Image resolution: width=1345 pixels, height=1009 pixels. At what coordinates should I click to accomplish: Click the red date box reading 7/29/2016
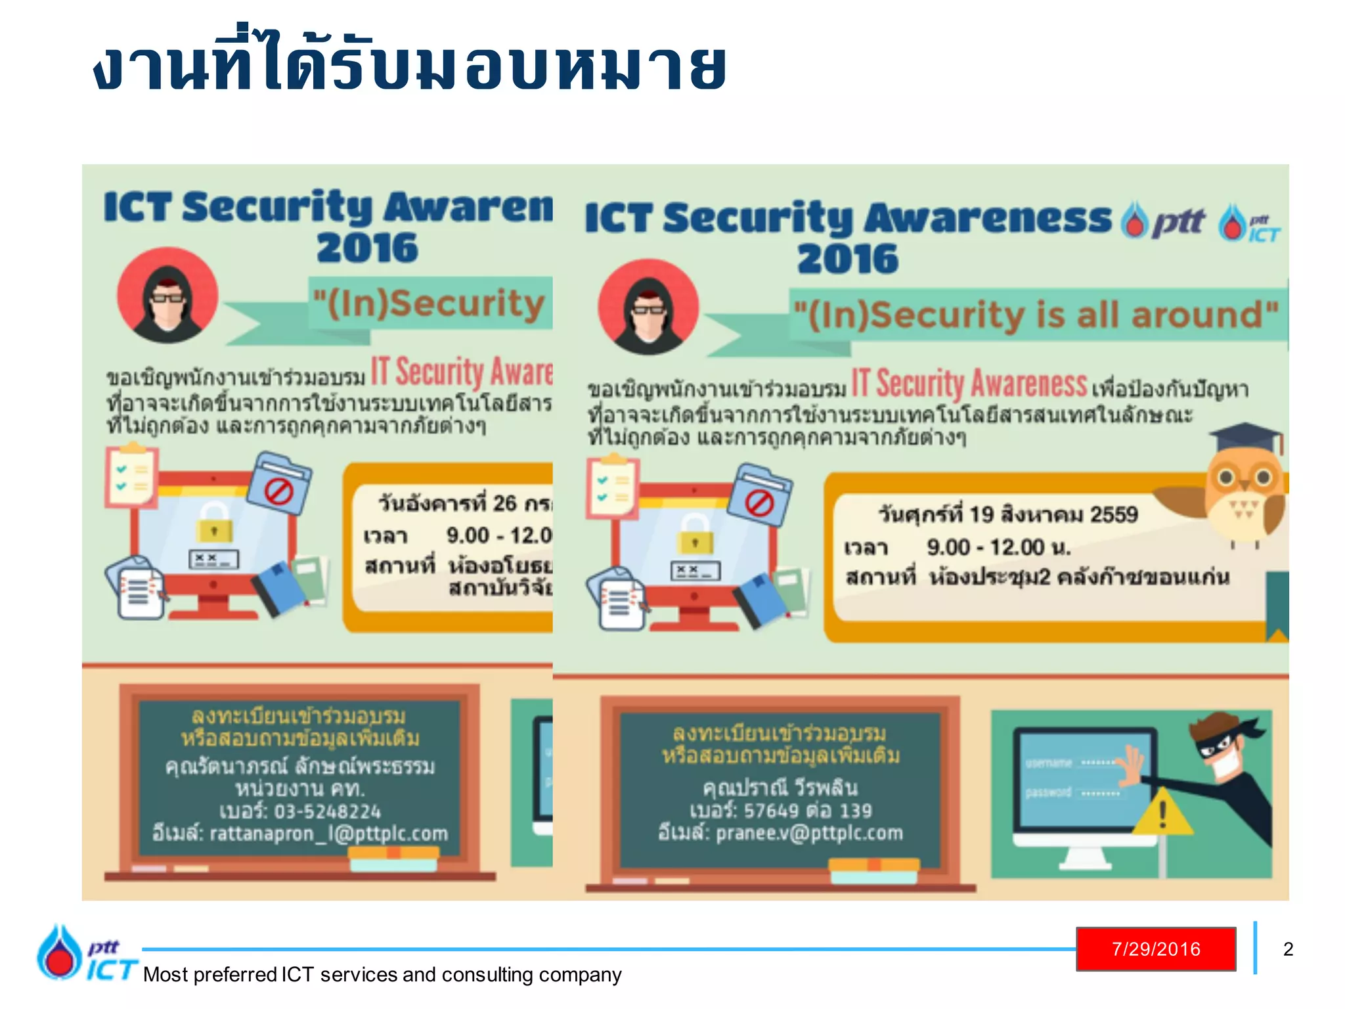(1156, 949)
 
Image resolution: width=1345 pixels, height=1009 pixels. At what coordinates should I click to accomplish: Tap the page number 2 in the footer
(1288, 949)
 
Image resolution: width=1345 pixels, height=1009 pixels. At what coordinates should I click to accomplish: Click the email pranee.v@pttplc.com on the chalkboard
(809, 833)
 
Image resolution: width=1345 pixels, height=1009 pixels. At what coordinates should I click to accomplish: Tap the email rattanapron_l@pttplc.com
(328, 834)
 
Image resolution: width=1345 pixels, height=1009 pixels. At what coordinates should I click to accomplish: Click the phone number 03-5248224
(327, 811)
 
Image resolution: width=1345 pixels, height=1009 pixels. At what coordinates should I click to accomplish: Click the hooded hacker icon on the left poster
(167, 296)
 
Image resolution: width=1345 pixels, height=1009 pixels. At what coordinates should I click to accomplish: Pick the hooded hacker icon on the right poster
(648, 307)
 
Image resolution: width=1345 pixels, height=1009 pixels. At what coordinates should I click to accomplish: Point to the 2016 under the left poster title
(367, 248)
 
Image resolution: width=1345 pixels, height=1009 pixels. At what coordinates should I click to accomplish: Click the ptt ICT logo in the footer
(85, 953)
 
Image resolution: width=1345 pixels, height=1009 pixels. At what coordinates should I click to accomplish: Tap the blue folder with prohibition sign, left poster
(280, 483)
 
